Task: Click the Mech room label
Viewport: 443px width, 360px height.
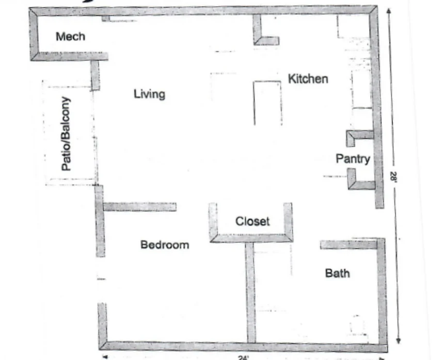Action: (x=70, y=37)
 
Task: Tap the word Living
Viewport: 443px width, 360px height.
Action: (x=149, y=94)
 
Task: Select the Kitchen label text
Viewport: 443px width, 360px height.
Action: (x=308, y=79)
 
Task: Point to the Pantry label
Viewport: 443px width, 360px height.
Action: (x=353, y=159)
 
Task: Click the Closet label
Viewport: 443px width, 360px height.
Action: (x=252, y=222)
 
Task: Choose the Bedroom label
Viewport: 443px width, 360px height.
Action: (x=165, y=245)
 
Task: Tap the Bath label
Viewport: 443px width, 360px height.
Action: (x=337, y=273)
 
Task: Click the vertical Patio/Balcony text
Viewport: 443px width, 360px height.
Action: (x=67, y=134)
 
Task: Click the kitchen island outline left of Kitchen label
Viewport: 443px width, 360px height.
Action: (x=267, y=103)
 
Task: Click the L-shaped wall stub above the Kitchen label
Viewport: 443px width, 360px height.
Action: (x=263, y=36)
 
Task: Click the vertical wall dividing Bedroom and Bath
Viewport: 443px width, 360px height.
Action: (x=250, y=292)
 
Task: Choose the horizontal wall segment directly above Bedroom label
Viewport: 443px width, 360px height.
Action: (x=139, y=207)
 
